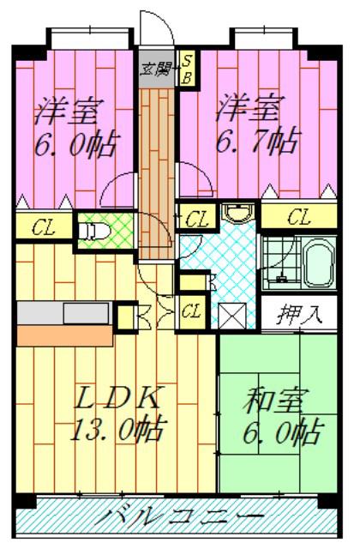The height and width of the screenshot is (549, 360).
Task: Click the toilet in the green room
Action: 93,231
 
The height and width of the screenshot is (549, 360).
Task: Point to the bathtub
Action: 318,261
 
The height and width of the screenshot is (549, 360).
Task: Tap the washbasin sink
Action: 238,213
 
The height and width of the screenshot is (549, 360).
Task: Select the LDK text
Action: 118,397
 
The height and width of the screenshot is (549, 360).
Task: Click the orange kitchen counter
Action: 65,335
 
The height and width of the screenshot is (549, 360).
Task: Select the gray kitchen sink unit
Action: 65,313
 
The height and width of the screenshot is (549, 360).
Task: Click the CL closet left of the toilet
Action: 44,227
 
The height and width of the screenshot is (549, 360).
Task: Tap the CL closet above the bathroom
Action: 299,217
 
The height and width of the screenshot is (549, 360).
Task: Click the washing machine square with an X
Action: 232,316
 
